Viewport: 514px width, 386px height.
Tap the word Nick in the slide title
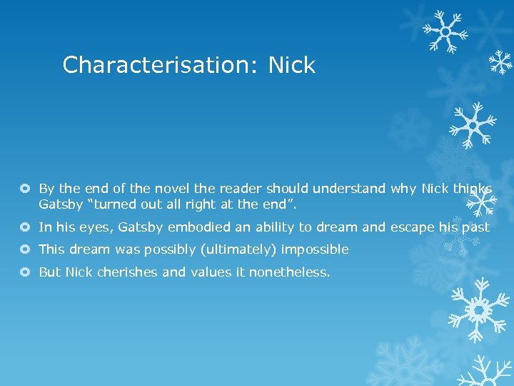click(291, 66)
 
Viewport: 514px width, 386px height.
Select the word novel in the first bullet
click(173, 189)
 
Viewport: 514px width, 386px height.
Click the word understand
click(350, 189)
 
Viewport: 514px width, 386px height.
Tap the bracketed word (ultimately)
click(244, 249)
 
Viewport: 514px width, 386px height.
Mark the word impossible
click(315, 249)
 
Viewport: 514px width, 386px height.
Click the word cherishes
click(124, 272)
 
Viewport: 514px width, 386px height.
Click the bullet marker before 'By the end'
click(25, 189)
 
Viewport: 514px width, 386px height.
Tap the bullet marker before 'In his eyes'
click(25, 227)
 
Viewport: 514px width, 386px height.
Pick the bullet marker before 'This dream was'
click(25, 249)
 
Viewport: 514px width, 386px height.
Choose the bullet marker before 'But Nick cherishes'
click(25, 272)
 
